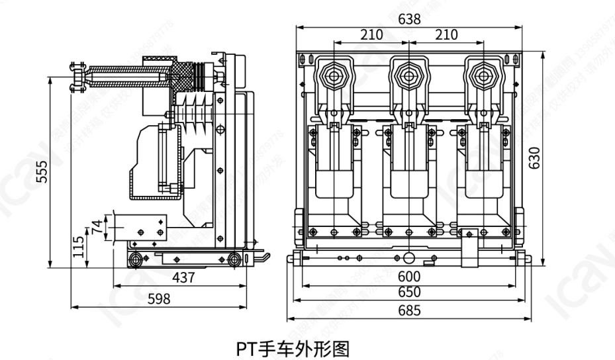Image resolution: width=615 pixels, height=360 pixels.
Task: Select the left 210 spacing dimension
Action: (371, 34)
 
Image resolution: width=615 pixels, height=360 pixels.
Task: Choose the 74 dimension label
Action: (97, 226)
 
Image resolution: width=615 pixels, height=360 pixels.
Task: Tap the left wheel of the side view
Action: (136, 258)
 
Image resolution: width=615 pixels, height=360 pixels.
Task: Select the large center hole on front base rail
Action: (408, 257)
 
